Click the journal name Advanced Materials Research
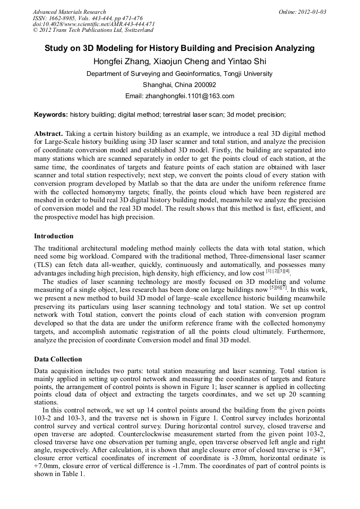pyautogui.click(x=69, y=12)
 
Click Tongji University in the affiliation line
pyautogui.click(x=247, y=74)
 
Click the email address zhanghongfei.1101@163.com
pyautogui.click(x=194, y=96)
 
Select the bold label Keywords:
pyautogui.click(x=51, y=115)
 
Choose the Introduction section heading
pyautogui.click(x=54, y=236)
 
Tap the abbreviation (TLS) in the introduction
pyautogui.click(x=45, y=264)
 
